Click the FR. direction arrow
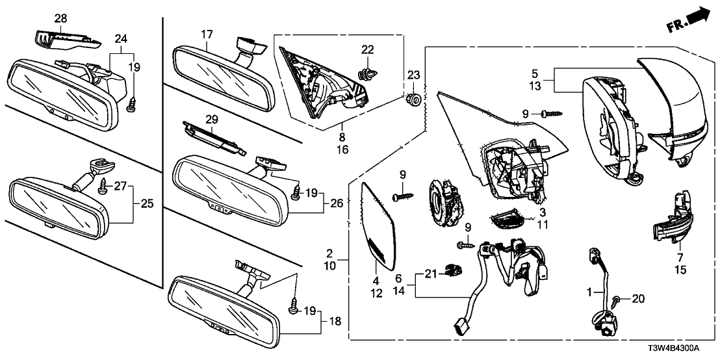(688, 20)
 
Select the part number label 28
(60, 19)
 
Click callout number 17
(207, 34)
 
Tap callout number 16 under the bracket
(341, 149)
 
